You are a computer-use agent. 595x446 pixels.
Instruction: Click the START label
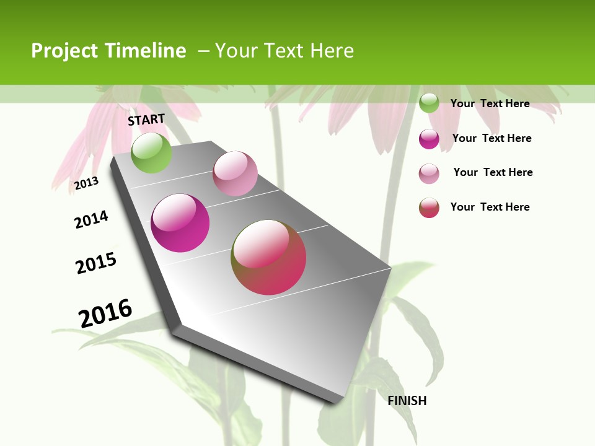tap(146, 120)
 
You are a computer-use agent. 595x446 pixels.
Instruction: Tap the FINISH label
tap(407, 401)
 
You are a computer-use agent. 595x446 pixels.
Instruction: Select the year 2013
tap(87, 183)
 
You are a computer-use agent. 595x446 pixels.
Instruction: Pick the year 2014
tap(91, 219)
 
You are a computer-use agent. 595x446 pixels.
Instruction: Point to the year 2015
tap(96, 263)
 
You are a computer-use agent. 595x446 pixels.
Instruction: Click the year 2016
tap(105, 313)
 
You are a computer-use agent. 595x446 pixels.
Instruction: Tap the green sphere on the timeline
tap(151, 152)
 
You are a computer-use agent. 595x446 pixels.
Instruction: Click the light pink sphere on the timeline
tap(235, 173)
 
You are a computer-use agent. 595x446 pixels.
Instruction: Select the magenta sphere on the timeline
tap(180, 223)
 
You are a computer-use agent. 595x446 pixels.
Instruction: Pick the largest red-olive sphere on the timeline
tap(268, 257)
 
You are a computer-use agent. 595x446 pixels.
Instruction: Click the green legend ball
tap(429, 103)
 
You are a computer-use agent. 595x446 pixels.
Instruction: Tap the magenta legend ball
tap(429, 139)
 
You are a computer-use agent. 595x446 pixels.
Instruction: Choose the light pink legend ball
tap(429, 173)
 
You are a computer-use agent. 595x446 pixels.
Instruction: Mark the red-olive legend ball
tap(429, 208)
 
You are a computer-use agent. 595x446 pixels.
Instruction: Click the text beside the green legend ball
tap(490, 103)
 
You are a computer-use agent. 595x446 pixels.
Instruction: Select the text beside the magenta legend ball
tap(491, 138)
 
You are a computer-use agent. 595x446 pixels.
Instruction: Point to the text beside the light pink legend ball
tap(493, 172)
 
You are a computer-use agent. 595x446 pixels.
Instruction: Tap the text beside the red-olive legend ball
tap(490, 207)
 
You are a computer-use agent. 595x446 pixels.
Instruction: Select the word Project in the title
tap(64, 51)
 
